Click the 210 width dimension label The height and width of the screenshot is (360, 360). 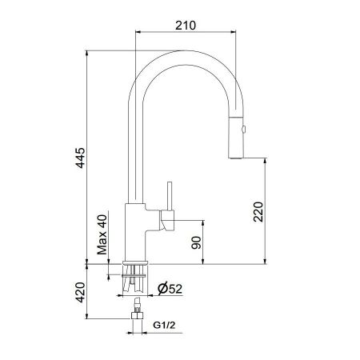[x=186, y=26]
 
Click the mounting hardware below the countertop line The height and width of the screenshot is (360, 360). [x=135, y=275]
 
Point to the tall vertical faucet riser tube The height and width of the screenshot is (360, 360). [x=135, y=152]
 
